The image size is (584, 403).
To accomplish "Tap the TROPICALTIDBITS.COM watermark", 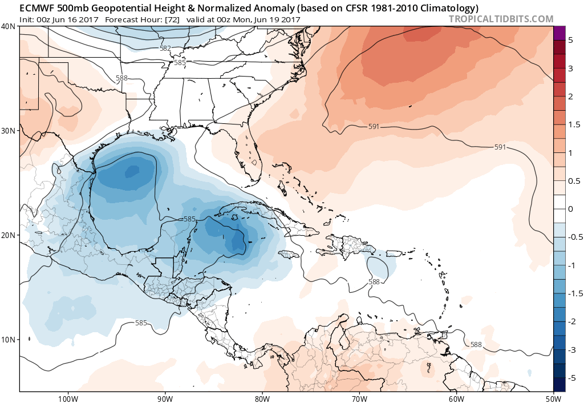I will tap(501, 19).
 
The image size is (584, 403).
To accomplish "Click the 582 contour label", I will tap(165, 49).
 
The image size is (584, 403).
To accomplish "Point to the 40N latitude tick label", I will tap(9, 26).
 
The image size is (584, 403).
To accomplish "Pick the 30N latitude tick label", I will tap(9, 131).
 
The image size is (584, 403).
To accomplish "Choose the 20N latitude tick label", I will tap(9, 235).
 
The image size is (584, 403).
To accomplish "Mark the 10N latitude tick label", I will tap(9, 340).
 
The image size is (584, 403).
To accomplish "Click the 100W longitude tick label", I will tap(68, 397).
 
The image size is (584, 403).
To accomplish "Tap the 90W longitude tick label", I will tap(165, 397).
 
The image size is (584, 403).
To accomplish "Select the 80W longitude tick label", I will tap(262, 397).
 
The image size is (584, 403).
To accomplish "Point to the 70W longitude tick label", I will tap(359, 397).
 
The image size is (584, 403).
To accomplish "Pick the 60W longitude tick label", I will tap(456, 397).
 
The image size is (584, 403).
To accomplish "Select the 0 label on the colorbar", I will tap(571, 209).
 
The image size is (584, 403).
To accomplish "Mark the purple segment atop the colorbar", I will tap(559, 33).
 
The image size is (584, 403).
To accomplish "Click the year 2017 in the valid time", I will tap(290, 19).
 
